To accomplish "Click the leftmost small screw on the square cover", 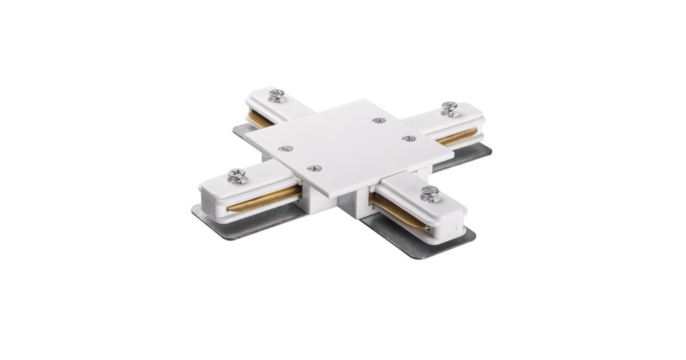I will pyautogui.click(x=285, y=149).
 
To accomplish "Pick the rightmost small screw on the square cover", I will pyautogui.click(x=408, y=138).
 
